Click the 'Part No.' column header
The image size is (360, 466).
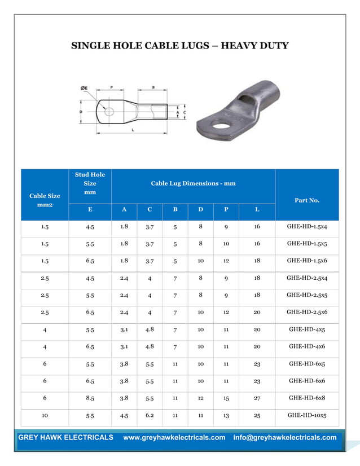[x=307, y=200]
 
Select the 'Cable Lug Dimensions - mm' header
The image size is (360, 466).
[x=193, y=183]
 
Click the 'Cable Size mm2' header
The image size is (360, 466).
[x=45, y=200]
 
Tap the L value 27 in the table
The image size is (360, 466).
[x=257, y=398]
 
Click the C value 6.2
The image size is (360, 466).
[x=150, y=415]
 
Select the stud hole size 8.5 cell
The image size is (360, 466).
[x=90, y=398]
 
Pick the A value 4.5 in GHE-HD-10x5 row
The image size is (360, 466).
[x=124, y=416]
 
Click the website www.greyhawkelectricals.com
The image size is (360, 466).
[x=174, y=438]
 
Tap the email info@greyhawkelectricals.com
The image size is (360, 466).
[x=284, y=438]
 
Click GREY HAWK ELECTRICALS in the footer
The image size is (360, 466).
[x=65, y=438]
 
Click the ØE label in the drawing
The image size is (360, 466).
[x=84, y=88]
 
